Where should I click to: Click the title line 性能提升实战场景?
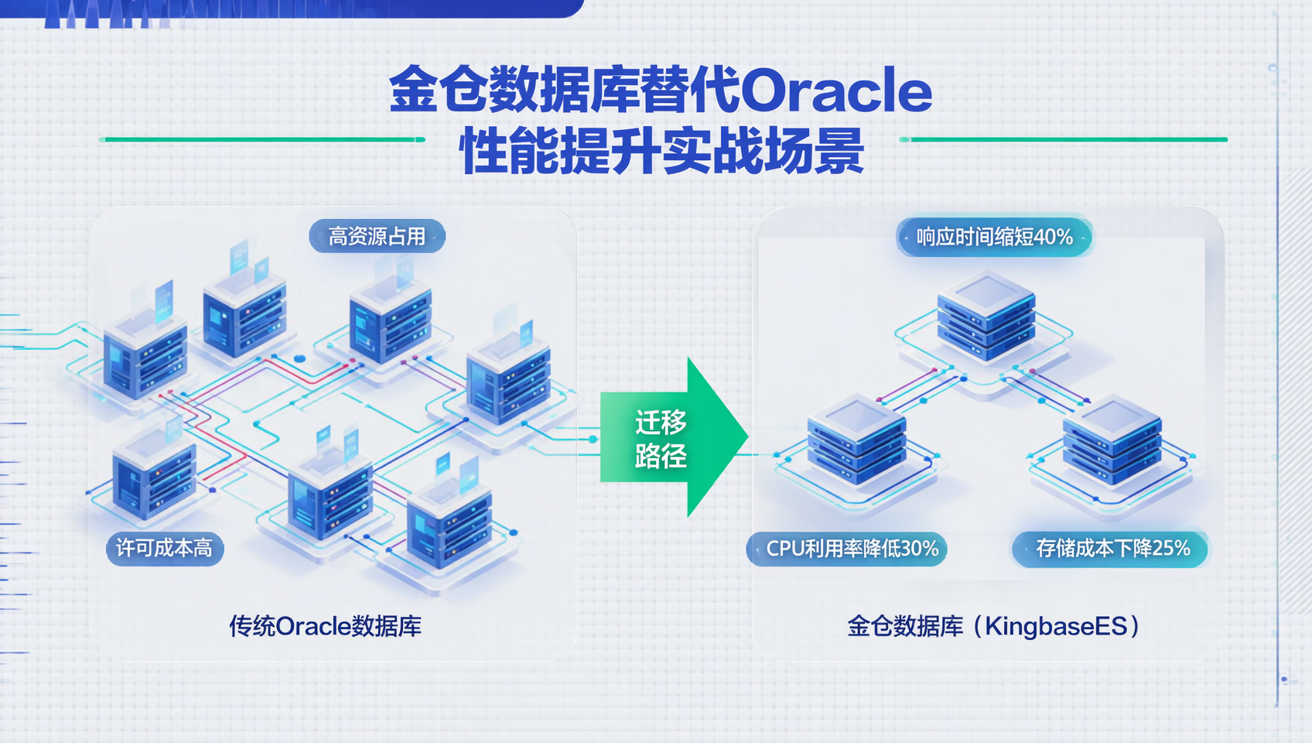[661, 152]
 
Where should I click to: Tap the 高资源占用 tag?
[377, 236]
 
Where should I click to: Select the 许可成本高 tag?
[164, 549]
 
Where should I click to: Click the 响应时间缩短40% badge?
[995, 237]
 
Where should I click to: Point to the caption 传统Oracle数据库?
[325, 626]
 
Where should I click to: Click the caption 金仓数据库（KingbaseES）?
[994, 626]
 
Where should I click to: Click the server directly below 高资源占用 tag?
[390, 321]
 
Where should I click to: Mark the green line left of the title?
[263, 139]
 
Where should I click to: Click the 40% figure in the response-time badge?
[1053, 237]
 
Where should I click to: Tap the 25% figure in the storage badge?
[1171, 549]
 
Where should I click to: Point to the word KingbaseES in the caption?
[1056, 626]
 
